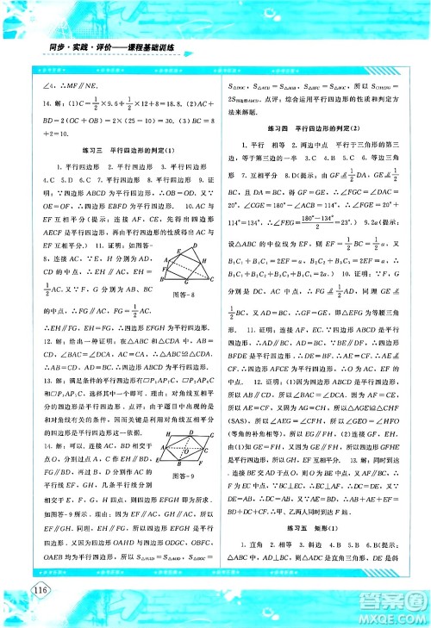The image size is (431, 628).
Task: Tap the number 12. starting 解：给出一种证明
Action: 35,331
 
